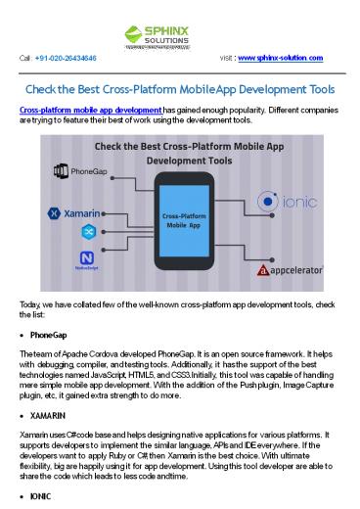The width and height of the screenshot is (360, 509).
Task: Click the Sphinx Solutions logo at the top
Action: tap(179, 27)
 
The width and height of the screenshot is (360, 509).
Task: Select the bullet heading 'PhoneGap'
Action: tap(49, 335)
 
